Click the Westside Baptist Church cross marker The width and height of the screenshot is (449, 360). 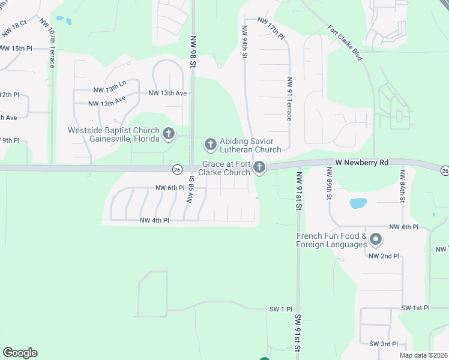[x=169, y=134]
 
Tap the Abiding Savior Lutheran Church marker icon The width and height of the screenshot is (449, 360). [x=210, y=144]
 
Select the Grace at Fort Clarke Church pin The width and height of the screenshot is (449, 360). [x=259, y=167]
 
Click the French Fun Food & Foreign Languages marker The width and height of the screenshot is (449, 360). [x=376, y=240]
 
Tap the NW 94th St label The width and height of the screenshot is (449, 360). [x=245, y=42]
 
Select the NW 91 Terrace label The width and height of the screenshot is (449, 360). [x=289, y=99]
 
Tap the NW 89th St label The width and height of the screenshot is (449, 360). [x=330, y=188]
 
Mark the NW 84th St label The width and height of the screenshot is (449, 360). [x=402, y=187]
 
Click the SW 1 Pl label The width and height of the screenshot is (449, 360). [x=280, y=309]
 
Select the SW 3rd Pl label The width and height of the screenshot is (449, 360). [x=384, y=344]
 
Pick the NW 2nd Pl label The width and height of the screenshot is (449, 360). [x=384, y=256]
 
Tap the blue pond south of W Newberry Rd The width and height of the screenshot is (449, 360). [x=358, y=203]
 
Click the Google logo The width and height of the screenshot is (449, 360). [x=20, y=353]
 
